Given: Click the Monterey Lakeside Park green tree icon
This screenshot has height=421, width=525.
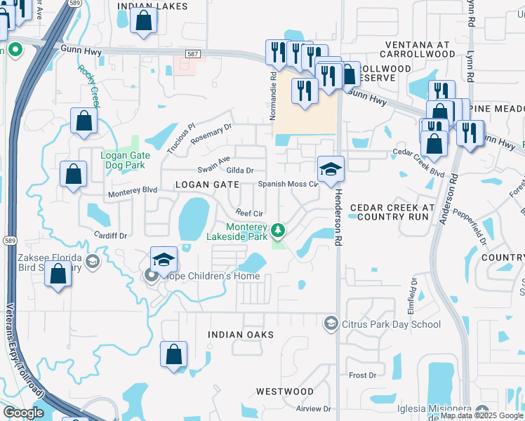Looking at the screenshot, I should [x=279, y=229].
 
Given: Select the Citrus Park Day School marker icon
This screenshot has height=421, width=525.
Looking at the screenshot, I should [x=331, y=323].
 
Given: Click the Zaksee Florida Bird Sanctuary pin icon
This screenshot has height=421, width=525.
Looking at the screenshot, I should [x=92, y=262].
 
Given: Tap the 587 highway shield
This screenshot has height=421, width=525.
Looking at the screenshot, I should [x=194, y=54].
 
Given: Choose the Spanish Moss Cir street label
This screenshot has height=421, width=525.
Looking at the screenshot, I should [x=288, y=184].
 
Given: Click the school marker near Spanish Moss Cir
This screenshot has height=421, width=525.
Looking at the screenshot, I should [x=331, y=169].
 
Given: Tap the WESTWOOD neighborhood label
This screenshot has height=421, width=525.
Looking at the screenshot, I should [x=284, y=391].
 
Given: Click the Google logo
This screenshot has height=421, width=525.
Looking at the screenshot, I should [x=22, y=413].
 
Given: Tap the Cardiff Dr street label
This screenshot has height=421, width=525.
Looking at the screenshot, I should [x=112, y=235].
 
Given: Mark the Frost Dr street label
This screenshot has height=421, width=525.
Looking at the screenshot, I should [x=363, y=375].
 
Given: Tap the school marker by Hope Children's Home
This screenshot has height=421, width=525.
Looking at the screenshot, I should [x=163, y=260].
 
